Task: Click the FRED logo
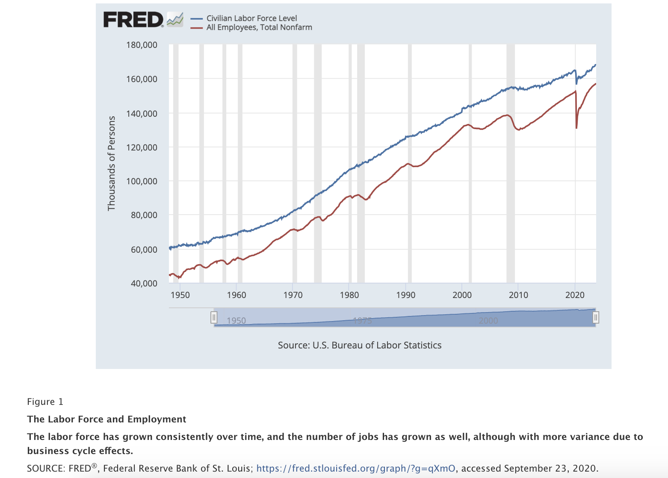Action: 133,20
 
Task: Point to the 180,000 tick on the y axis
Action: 142,45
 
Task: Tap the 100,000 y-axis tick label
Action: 142,181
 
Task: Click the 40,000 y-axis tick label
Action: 144,283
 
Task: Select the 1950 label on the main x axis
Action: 180,295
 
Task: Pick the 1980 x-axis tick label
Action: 349,295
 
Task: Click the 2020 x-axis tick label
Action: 575,295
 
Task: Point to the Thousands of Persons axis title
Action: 112,163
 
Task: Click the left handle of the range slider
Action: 214,317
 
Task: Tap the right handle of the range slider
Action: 595,317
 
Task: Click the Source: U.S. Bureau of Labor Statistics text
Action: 359,345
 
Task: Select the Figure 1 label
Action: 45,402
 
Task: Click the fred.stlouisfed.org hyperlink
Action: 355,469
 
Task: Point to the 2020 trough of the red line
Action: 576,128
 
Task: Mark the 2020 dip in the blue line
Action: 576,84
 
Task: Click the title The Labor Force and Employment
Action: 106,419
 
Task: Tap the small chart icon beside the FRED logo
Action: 175,19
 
